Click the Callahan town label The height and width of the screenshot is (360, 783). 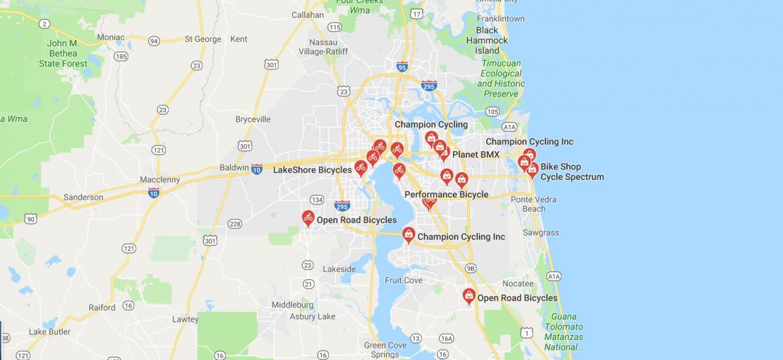[307, 14]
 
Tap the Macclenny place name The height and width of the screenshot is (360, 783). [160, 179]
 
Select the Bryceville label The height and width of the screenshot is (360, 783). [253, 120]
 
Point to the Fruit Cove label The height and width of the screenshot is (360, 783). [403, 280]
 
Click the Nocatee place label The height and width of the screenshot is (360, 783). [517, 284]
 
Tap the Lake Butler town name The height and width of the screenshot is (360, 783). [50, 331]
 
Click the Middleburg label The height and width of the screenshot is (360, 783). [292, 305]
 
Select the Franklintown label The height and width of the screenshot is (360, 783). [500, 18]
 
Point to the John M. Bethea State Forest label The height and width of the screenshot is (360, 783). [63, 53]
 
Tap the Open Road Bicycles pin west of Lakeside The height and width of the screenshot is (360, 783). [308, 218]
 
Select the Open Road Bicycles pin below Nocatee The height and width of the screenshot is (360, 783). [468, 296]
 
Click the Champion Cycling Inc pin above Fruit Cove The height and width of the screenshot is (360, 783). [408, 234]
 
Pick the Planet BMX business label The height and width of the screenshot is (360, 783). [476, 155]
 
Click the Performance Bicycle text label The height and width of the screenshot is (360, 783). [446, 194]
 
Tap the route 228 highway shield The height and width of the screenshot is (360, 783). [235, 224]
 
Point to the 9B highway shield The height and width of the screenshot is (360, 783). [470, 268]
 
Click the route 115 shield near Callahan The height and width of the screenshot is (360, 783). [335, 27]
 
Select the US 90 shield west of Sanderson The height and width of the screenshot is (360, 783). [31, 218]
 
